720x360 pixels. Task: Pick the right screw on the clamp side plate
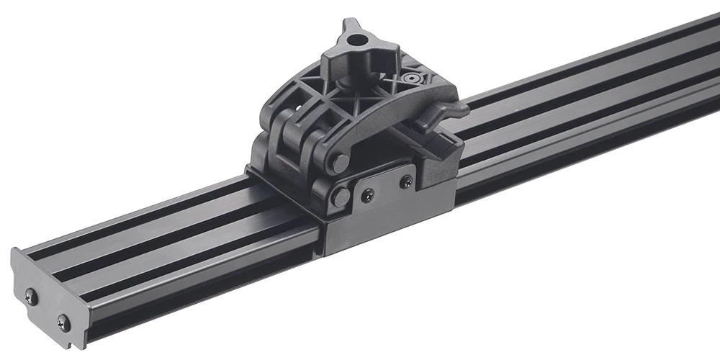(406, 181)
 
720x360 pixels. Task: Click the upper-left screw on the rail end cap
(30, 294)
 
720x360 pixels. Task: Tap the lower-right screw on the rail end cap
(64, 322)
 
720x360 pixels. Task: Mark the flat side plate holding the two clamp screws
(389, 209)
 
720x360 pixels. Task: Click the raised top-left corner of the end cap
(16, 256)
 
